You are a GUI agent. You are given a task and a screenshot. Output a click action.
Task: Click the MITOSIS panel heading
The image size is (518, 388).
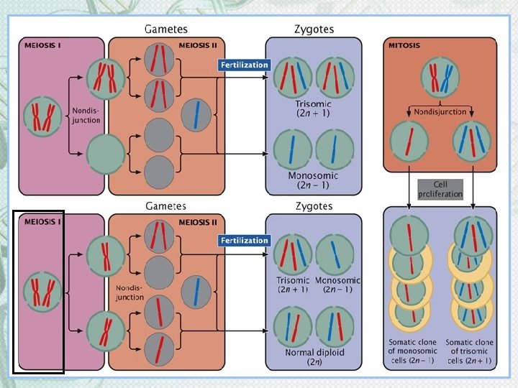404,46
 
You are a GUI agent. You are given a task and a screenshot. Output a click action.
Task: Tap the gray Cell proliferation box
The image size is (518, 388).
439,190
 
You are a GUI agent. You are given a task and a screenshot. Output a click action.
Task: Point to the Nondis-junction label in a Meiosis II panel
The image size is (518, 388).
129,292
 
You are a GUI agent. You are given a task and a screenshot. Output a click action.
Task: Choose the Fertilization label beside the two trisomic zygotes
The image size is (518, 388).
243,65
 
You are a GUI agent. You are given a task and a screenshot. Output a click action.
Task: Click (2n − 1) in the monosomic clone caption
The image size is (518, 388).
413,360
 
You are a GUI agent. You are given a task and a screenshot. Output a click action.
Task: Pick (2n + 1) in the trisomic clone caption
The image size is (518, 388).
471,360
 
